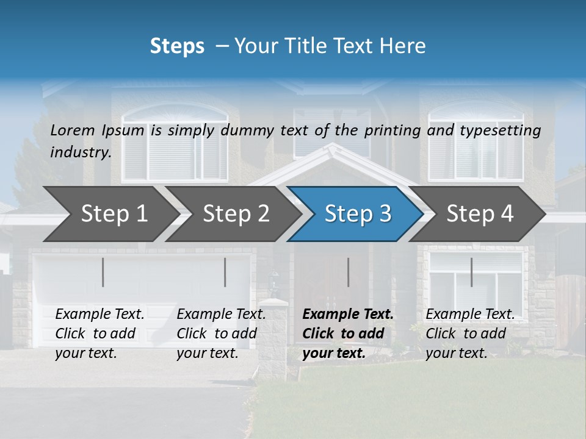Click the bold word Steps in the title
click(177, 46)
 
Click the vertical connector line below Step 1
click(103, 272)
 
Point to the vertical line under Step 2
click(225, 272)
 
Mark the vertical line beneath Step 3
click(349, 272)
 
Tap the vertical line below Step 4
click(471, 272)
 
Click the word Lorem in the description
click(72, 130)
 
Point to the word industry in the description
click(81, 152)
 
